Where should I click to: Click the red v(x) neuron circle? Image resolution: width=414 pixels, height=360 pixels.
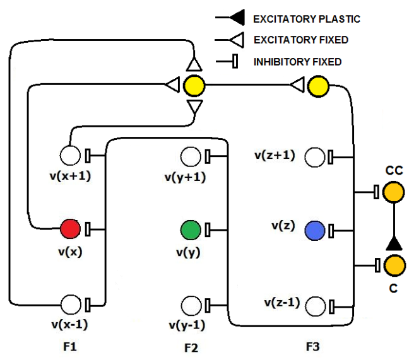coord(70,228)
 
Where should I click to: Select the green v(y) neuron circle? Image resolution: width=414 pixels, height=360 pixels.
coord(190,229)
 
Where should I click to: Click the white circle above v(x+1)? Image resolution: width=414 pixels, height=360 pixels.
coord(70,154)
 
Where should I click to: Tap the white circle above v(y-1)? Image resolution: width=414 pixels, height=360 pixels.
coord(190,305)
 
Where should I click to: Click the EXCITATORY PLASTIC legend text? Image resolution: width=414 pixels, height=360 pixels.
coord(306,19)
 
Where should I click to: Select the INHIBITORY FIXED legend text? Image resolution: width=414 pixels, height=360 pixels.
coord(297,62)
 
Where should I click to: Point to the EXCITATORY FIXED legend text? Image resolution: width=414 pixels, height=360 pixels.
coord(300,40)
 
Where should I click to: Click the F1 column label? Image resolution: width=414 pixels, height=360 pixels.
coord(69,346)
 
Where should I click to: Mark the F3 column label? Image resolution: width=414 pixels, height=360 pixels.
coord(313,346)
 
